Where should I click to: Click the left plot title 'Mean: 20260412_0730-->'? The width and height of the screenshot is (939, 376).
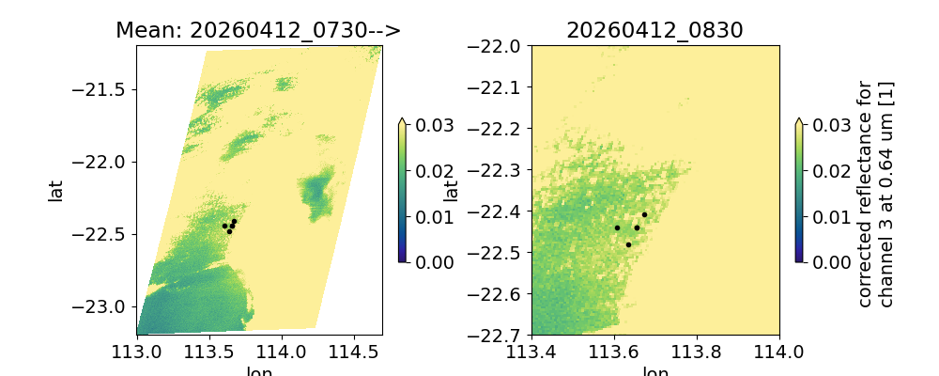258,30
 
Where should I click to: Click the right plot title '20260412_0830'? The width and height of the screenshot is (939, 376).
654,30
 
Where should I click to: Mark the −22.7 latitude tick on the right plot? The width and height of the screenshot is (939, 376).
496,335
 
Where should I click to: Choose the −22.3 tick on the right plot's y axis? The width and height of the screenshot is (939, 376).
496,170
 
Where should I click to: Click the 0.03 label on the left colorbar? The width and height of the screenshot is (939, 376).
428,125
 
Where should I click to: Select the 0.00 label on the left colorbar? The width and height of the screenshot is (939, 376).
428,261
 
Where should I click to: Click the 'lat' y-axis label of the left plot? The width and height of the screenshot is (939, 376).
56,190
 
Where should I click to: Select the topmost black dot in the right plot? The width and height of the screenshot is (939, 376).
644,214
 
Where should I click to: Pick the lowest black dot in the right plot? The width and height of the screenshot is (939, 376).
628,244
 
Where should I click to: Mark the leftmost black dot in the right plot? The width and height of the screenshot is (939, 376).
617,227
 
